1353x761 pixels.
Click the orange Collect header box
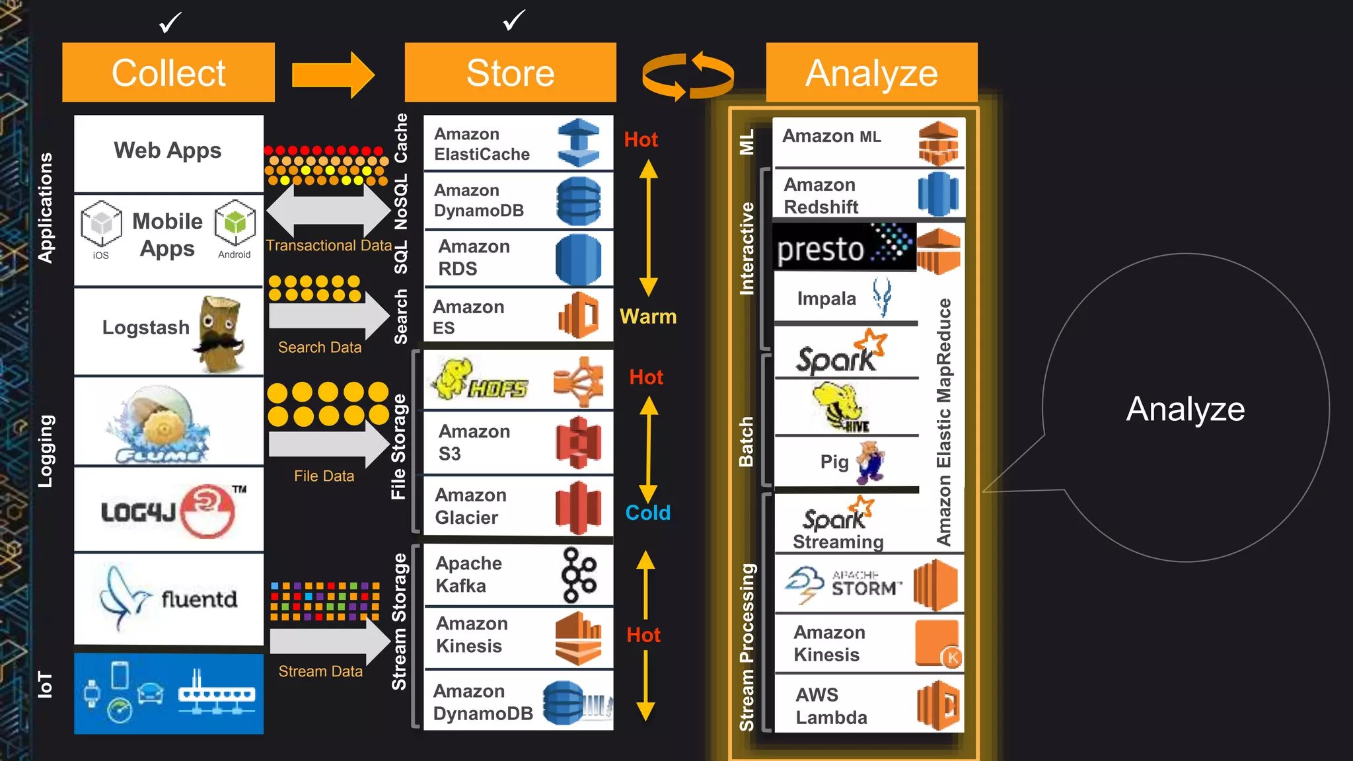click(x=168, y=73)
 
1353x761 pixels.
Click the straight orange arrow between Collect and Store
click(x=333, y=75)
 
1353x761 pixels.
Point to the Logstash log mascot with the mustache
click(x=221, y=334)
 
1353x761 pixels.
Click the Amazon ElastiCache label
click(x=482, y=144)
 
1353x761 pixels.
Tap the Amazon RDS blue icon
click(x=578, y=259)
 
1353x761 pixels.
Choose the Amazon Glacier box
click(x=518, y=507)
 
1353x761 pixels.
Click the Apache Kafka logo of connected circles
click(x=579, y=575)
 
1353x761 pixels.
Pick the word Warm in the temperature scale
click(x=647, y=316)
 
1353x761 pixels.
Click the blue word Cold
click(x=647, y=513)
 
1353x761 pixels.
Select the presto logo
click(x=844, y=247)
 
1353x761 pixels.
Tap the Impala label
click(x=826, y=299)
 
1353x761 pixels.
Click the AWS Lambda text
click(x=830, y=706)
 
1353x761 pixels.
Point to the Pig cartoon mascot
click(x=871, y=462)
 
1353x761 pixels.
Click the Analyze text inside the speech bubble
click(x=1185, y=409)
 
